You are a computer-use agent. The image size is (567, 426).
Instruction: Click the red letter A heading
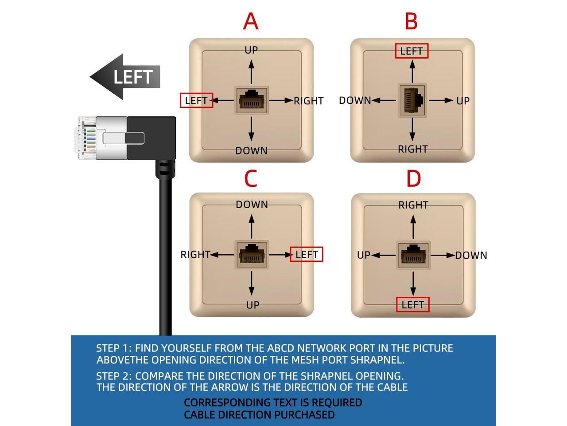pyautogui.click(x=251, y=21)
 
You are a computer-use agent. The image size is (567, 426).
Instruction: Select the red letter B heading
pyautogui.click(x=411, y=21)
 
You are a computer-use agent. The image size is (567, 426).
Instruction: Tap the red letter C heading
pyautogui.click(x=251, y=178)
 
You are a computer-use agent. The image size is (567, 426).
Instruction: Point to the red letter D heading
pyautogui.click(x=413, y=178)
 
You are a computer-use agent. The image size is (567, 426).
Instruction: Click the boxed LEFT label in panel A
pyautogui.click(x=196, y=100)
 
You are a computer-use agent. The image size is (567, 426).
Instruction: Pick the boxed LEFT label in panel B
pyautogui.click(x=412, y=51)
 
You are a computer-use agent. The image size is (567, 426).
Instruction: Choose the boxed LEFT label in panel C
pyautogui.click(x=307, y=254)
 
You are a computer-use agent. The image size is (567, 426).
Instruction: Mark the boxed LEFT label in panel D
pyautogui.click(x=412, y=304)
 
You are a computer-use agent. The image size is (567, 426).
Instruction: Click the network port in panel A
pyautogui.click(x=252, y=100)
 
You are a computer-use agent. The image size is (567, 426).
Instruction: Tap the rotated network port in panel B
pyautogui.click(x=412, y=100)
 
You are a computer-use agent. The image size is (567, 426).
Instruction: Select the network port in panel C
pyautogui.click(x=252, y=255)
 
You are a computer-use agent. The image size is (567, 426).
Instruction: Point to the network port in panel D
pyautogui.click(x=413, y=255)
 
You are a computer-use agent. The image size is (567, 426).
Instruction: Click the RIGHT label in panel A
pyautogui.click(x=308, y=101)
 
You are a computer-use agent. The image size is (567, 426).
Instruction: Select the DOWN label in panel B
pyautogui.click(x=355, y=100)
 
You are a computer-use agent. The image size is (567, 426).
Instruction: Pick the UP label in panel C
pyautogui.click(x=252, y=305)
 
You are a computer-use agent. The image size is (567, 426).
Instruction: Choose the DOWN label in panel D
pyautogui.click(x=471, y=255)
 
